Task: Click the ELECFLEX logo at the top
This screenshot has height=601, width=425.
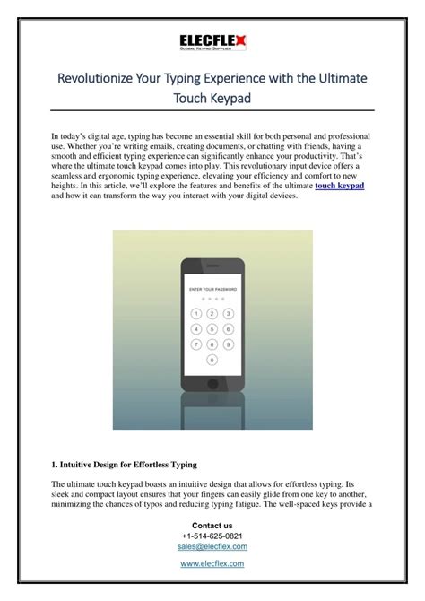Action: [212, 38]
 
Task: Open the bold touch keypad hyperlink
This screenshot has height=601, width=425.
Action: [340, 185]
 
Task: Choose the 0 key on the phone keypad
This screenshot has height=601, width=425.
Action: [212, 360]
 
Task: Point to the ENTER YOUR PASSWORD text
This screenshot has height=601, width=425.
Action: [212, 289]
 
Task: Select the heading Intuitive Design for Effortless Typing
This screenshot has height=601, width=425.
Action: [125, 465]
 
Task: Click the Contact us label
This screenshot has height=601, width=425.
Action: [212, 525]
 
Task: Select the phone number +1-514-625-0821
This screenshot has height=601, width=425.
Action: [212, 536]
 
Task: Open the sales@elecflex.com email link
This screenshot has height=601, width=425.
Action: [212, 546]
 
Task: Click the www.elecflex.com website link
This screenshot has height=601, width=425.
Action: [212, 563]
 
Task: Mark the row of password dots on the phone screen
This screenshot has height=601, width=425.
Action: [212, 299]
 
